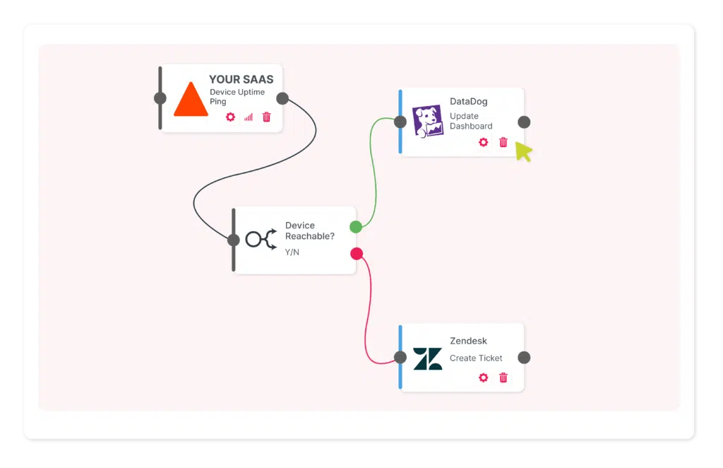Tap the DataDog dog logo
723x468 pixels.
coord(428,122)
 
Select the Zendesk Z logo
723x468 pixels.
coord(427,358)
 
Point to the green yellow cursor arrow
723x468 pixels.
coord(523,151)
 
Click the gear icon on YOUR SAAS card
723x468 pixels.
coord(230,117)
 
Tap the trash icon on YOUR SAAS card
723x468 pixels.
coord(266,117)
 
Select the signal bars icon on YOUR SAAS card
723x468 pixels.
coord(249,117)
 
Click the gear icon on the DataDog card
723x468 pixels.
coord(483,142)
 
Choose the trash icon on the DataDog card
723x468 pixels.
coord(503,142)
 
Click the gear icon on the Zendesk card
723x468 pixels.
coord(483,378)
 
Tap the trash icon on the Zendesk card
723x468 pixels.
coord(503,378)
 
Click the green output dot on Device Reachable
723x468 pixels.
coord(356,227)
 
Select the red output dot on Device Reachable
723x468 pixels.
coord(357,254)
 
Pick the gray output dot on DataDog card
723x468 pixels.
coord(524,122)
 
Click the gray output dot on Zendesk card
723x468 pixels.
coord(524,358)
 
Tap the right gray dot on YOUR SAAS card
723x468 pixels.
coord(282,98)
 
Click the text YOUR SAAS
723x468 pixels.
coord(241,80)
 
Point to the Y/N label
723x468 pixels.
coord(292,252)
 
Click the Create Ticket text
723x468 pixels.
coord(476,358)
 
